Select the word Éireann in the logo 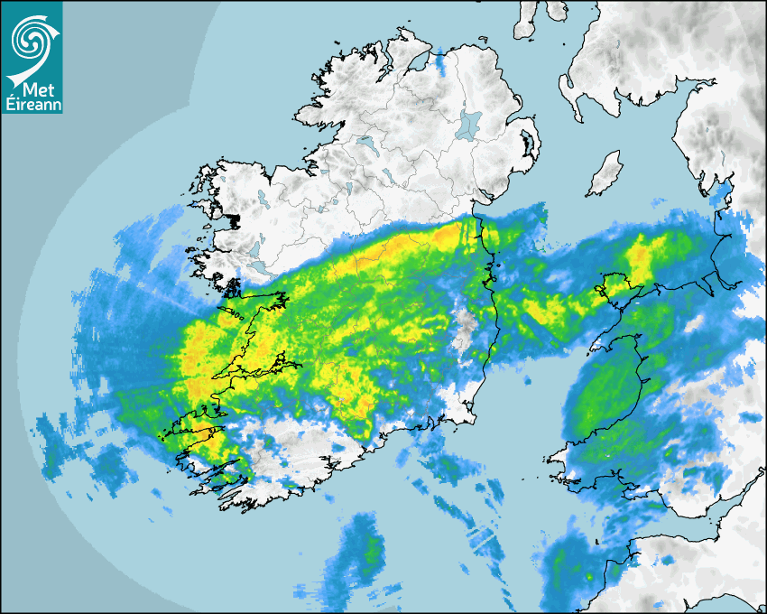click(x=32, y=106)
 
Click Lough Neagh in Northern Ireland click(x=469, y=124)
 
